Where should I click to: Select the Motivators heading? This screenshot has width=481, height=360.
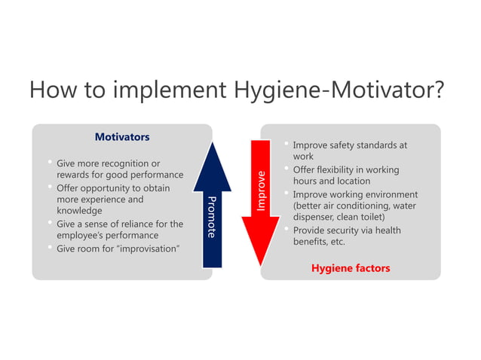[x=121, y=137]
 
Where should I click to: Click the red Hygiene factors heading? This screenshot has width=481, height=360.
[x=351, y=267]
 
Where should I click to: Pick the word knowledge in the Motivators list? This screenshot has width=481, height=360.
[x=79, y=211]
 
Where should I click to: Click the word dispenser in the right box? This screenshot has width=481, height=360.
[x=317, y=218]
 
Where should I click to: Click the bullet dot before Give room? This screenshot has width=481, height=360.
[x=48, y=247]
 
